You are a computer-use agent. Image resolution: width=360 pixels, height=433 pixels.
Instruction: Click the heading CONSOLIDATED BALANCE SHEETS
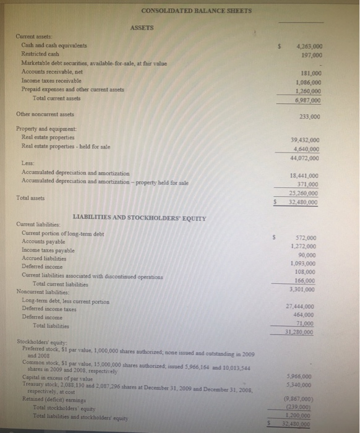pos(179,11)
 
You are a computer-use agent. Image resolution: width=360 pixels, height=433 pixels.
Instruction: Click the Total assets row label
pos(30,199)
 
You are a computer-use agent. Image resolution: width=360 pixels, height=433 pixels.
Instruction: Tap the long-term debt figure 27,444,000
pos(304,306)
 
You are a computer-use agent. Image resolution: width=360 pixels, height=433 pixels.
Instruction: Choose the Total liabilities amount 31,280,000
pos(304,332)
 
